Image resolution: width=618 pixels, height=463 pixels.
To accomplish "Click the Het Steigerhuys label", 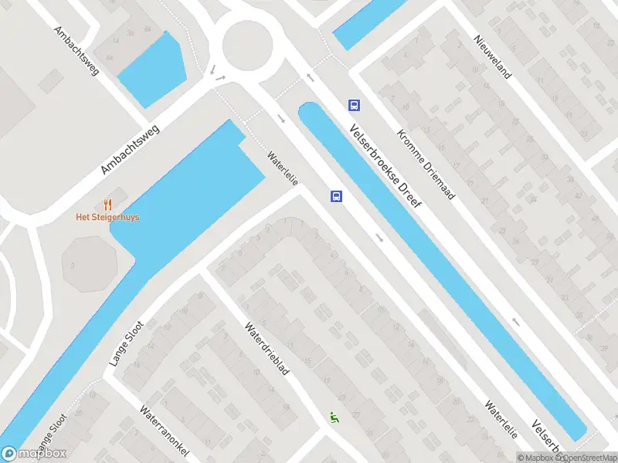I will [107, 217].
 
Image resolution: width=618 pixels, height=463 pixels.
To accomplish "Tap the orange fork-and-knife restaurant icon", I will [107, 204].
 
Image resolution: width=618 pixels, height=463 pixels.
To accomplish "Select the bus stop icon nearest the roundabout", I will [354, 105].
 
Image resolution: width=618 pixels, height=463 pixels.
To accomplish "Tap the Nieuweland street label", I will [494, 57].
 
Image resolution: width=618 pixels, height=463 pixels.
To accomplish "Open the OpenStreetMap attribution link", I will [586, 458].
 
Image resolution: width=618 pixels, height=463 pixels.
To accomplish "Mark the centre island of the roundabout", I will [248, 45].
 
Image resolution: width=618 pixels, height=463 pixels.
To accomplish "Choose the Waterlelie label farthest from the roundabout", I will [501, 420].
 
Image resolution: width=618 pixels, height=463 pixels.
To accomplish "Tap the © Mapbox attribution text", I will [537, 458].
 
